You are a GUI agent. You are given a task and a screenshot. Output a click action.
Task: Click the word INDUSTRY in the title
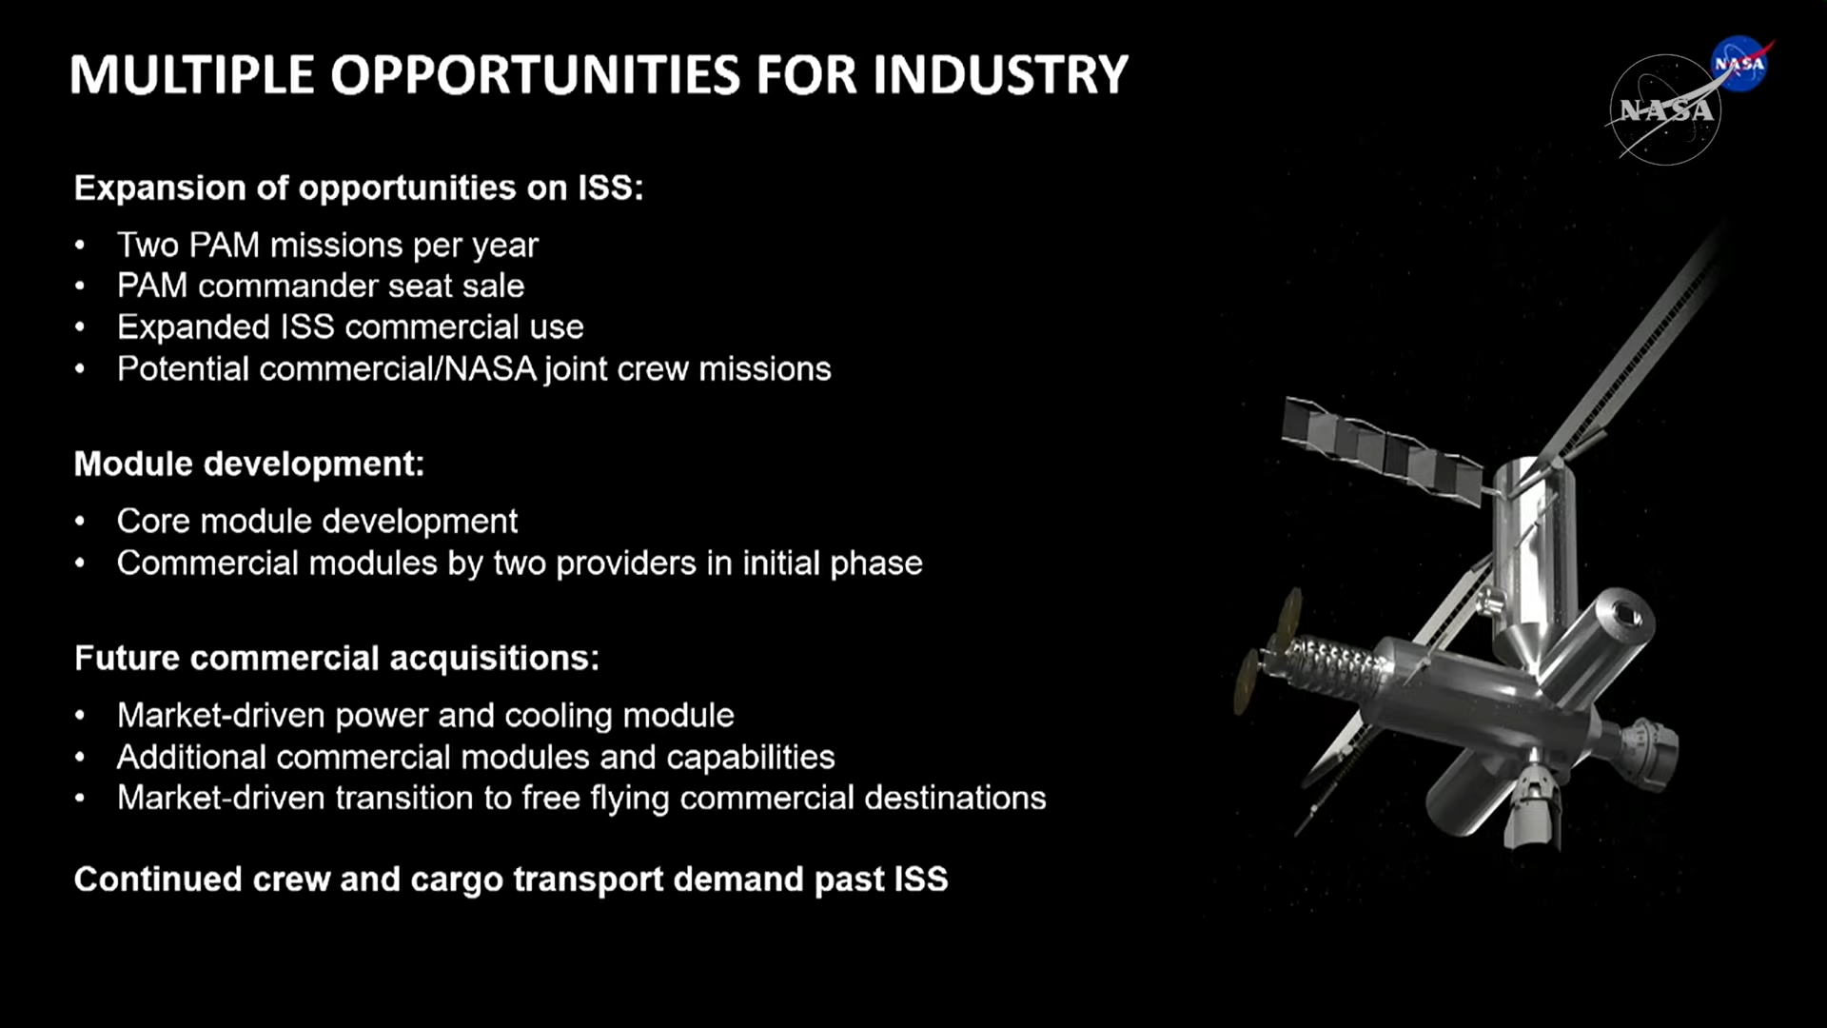pyautogui.click(x=1000, y=74)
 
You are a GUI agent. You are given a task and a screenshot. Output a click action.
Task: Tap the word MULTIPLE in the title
pyautogui.click(x=191, y=74)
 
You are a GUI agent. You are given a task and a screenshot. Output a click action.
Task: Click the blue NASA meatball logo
pyautogui.click(x=1739, y=63)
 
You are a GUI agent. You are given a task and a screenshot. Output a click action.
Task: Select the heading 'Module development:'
pyautogui.click(x=249, y=464)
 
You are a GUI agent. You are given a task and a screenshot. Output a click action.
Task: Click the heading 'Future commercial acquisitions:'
pyautogui.click(x=337, y=658)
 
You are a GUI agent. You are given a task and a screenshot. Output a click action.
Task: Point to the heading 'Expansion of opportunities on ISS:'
pyautogui.click(x=359, y=188)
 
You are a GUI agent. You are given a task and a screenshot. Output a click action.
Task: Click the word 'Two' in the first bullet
pyautogui.click(x=147, y=245)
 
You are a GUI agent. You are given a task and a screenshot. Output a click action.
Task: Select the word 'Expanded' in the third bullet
pyautogui.click(x=193, y=326)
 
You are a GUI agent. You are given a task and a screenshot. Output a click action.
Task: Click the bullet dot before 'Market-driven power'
pyautogui.click(x=80, y=716)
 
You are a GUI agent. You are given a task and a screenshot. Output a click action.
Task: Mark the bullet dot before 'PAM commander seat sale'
pyautogui.click(x=80, y=286)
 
